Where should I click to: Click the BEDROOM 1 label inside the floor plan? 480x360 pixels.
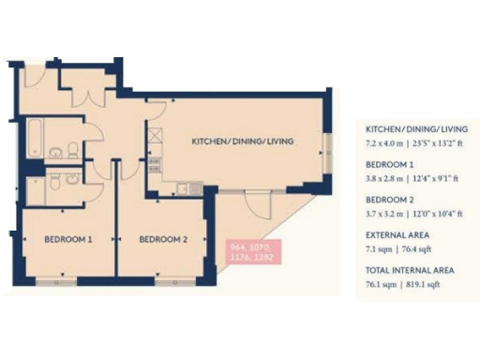pyautogui.click(x=68, y=240)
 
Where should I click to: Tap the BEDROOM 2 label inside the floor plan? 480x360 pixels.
pyautogui.click(x=164, y=240)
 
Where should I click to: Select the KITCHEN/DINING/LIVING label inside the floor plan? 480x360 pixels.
pyautogui.click(x=243, y=142)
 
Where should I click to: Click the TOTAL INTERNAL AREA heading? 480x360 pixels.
pyautogui.click(x=410, y=270)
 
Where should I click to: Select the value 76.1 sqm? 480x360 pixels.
pyautogui.click(x=383, y=282)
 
